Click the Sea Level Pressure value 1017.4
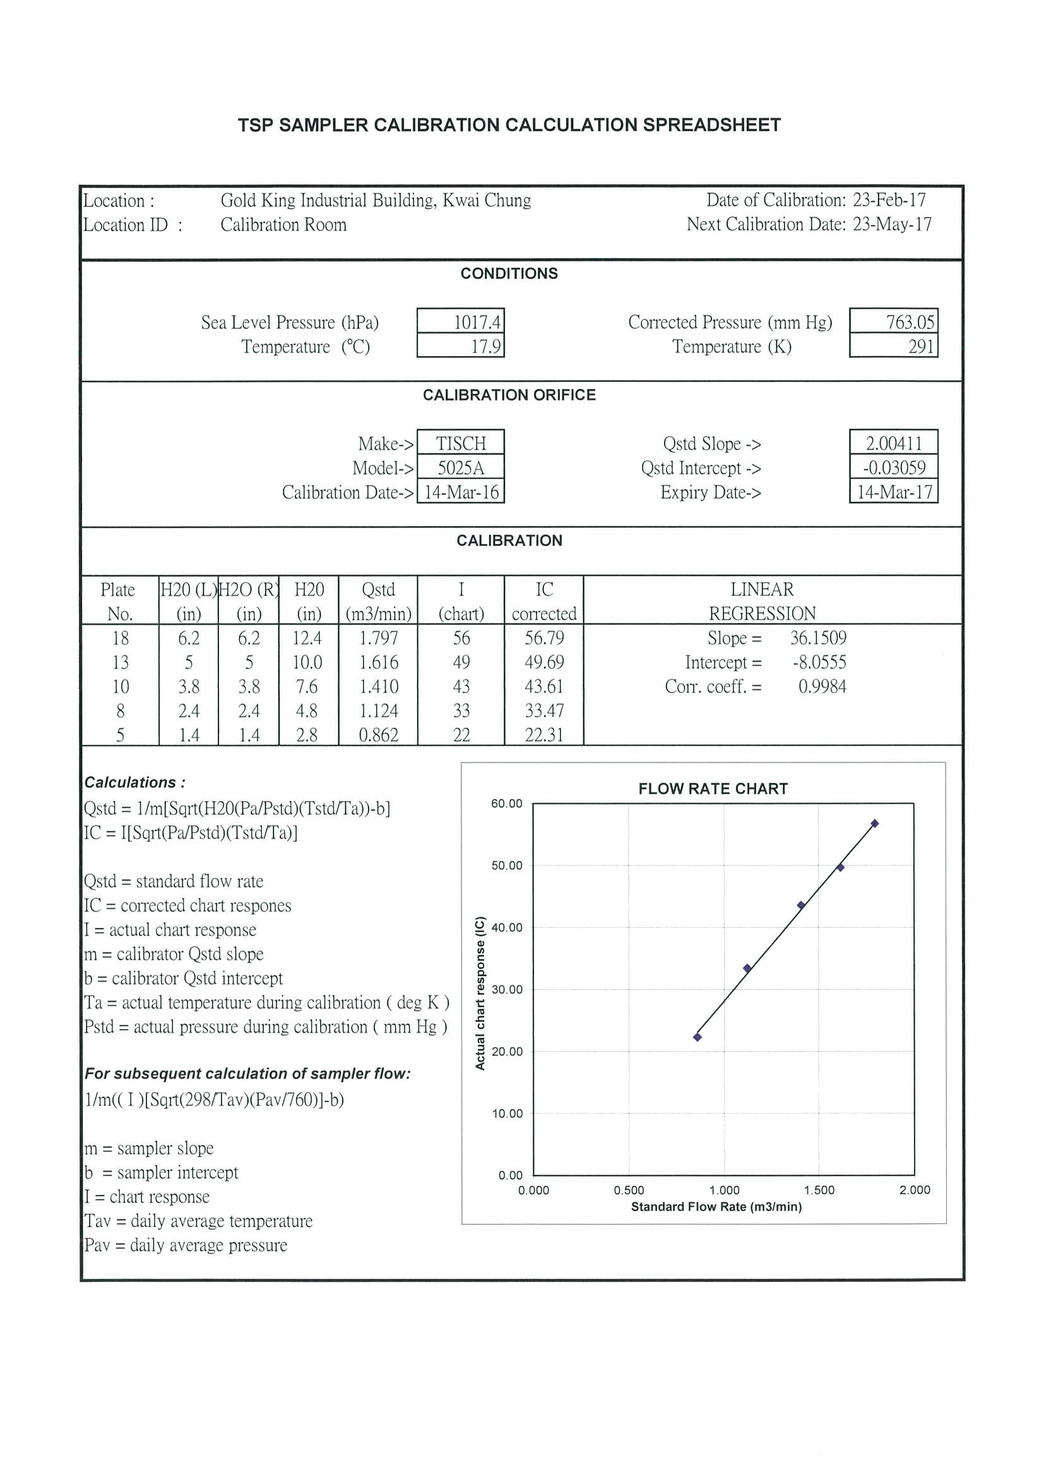477,322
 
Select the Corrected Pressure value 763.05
909,322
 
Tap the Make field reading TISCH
461,443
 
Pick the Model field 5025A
461,468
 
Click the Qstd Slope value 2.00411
894,443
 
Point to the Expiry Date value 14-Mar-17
894,492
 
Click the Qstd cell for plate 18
378,638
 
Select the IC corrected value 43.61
543,686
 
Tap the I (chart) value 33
461,711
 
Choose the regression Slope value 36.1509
817,638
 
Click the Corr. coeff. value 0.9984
821,686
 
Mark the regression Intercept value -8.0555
819,663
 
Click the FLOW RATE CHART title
713,788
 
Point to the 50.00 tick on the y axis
507,866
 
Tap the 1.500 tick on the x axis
819,1190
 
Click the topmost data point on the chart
874,824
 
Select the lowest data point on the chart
697,1037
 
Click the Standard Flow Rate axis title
716,1207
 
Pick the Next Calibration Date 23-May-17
891,225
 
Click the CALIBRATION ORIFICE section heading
509,395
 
